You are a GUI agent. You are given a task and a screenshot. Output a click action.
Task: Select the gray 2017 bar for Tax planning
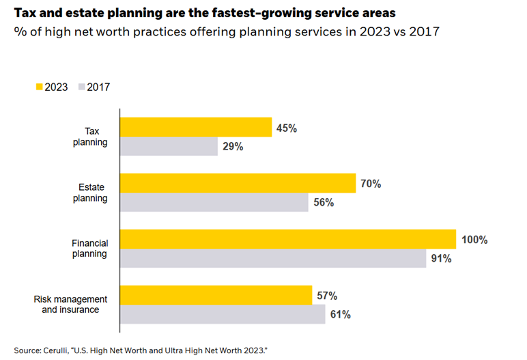tap(169, 146)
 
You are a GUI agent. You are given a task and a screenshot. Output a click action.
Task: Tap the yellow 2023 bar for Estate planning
tap(238, 184)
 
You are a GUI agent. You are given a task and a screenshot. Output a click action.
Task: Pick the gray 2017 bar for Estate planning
tap(214, 202)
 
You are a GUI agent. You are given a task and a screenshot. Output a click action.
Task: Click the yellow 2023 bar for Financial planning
tap(287, 240)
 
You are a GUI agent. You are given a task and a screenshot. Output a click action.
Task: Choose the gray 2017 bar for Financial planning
tap(272, 258)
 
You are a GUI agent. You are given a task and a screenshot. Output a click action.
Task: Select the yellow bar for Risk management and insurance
tap(216, 296)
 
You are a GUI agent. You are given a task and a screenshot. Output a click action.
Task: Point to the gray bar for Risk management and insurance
tap(223, 314)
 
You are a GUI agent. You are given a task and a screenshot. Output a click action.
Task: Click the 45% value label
tap(286, 128)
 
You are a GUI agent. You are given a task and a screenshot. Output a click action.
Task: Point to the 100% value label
tap(475, 240)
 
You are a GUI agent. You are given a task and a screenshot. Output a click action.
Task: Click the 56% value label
tap(324, 202)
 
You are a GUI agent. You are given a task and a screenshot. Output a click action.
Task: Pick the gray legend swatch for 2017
tap(81, 87)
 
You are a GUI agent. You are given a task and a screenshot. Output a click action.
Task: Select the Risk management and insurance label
tap(70, 305)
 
